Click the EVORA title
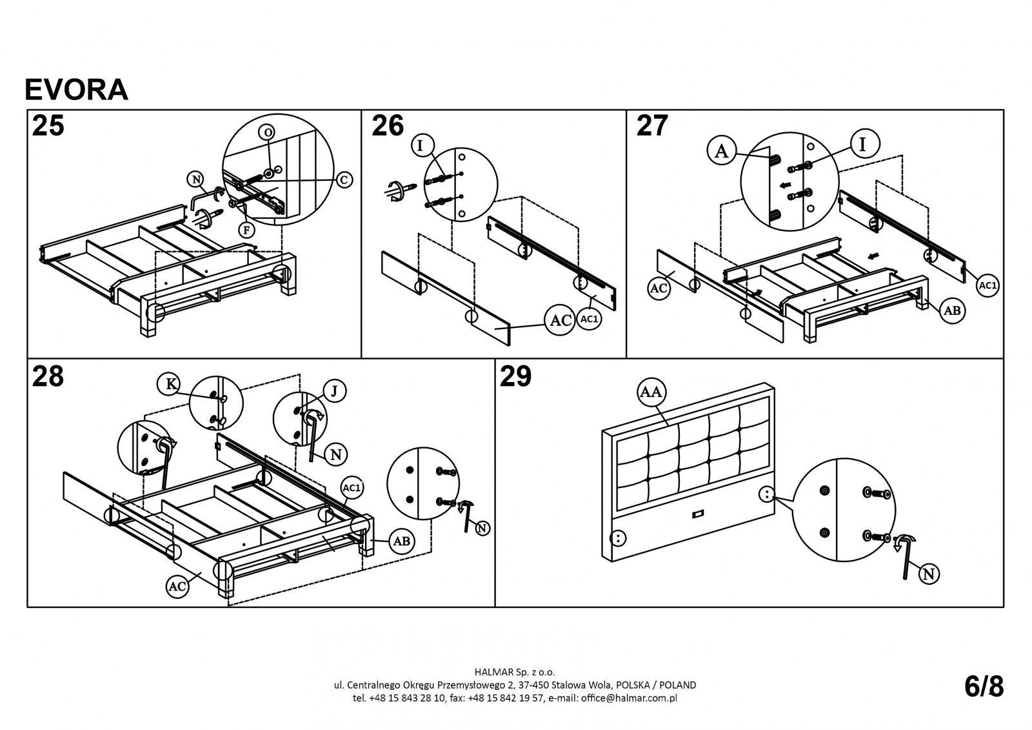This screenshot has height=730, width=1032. pos(76,90)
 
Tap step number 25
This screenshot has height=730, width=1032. pos(48,125)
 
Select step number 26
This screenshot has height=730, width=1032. pos(388,125)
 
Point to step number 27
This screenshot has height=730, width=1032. pos(652,125)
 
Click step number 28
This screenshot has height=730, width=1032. pos(48,376)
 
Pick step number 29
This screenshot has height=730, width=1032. pos(516,376)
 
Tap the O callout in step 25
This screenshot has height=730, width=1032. pos(267,132)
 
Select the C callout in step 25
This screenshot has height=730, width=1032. pos(344,180)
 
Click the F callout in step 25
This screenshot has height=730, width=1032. pos(247,228)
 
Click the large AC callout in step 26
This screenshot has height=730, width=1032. pos(559,320)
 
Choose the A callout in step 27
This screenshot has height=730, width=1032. pos(722,151)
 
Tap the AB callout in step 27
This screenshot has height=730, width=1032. pos(952,310)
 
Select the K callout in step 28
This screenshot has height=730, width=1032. pos(170,383)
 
